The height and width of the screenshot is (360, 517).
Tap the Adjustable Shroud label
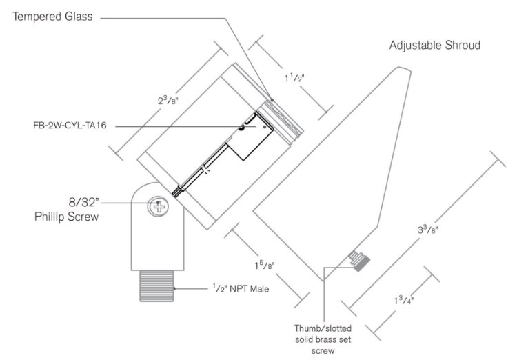pyautogui.click(x=434, y=46)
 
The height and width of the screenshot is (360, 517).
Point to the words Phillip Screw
pyautogui.click(x=66, y=217)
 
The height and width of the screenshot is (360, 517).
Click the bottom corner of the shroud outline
pyautogui.click(x=324, y=280)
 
